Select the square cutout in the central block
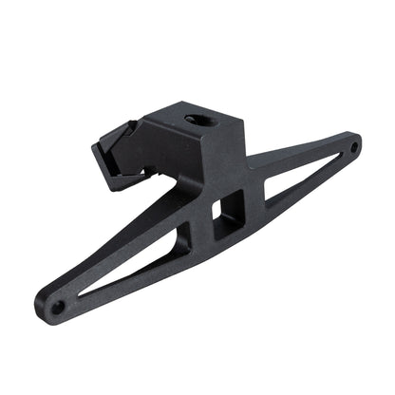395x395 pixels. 225,207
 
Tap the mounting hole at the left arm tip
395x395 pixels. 57,307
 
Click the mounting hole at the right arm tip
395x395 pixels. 353,147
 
